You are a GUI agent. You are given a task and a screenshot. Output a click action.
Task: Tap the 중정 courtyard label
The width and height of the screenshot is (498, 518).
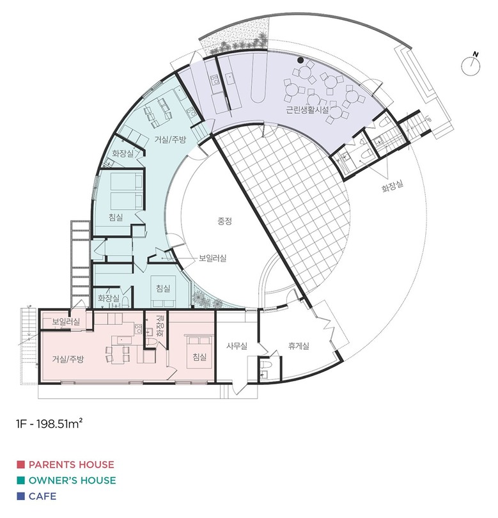coord(224,221)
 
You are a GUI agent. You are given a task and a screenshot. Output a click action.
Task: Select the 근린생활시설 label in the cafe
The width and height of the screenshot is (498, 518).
coord(307,110)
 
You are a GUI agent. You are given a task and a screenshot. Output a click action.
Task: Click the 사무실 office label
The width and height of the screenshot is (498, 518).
coord(237,346)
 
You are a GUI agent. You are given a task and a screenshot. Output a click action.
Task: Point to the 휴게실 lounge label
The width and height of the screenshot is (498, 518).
coord(299,346)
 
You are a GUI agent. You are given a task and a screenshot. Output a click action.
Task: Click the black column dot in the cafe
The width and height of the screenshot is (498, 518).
coord(300,60)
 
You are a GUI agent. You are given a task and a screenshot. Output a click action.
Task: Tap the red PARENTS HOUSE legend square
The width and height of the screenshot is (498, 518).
coord(21,464)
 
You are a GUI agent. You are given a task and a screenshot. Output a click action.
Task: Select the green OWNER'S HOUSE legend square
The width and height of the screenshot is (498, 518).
coord(21,480)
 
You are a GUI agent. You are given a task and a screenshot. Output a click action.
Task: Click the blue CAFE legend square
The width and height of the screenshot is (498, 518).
coord(21,496)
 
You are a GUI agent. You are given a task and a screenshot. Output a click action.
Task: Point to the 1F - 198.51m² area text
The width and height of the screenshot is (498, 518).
coord(49,423)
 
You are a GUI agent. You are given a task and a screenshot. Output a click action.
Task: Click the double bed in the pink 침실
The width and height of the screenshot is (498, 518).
coord(199,351)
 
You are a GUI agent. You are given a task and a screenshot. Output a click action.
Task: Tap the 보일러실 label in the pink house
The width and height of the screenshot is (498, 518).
coord(66,321)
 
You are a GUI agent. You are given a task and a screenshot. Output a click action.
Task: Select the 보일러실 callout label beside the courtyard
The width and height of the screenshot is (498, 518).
coord(212,258)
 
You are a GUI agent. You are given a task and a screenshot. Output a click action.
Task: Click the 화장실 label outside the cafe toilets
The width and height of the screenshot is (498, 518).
coord(393,186)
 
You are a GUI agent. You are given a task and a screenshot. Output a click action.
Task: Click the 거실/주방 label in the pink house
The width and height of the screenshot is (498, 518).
coord(68,359)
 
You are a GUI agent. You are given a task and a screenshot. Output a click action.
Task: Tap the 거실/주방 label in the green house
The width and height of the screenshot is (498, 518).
coord(171,139)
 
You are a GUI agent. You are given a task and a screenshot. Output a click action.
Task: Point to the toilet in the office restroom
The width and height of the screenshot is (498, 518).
coord(266,365)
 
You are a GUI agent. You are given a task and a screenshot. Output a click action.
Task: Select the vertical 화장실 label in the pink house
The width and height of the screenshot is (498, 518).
coord(160,326)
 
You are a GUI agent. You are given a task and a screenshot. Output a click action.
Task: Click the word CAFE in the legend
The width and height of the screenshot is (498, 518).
coord(43,496)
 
